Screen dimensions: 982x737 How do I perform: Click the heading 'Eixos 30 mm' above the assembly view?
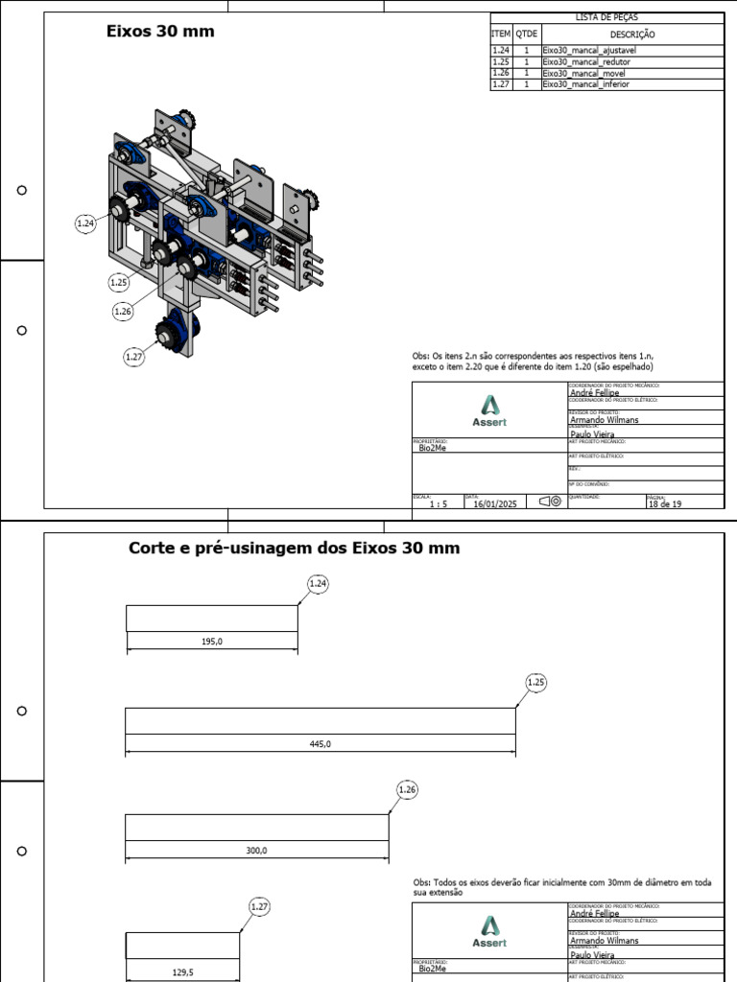click(x=159, y=32)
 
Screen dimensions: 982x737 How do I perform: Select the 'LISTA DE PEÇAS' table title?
click(x=606, y=17)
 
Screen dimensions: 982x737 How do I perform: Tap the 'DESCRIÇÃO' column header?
click(x=632, y=34)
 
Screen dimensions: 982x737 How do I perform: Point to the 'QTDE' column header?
click(x=527, y=34)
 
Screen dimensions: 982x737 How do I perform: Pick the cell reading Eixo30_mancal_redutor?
click(x=586, y=61)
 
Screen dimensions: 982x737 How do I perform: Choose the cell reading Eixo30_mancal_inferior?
click(x=586, y=84)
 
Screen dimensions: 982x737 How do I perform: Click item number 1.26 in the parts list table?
click(x=500, y=73)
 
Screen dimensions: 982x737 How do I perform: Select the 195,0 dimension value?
click(x=212, y=643)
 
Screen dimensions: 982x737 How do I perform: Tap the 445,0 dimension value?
click(x=321, y=744)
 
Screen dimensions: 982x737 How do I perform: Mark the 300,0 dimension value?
click(x=257, y=851)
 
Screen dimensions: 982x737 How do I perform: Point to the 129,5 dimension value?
click(x=183, y=971)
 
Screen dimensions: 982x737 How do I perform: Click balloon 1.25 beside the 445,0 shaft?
click(x=536, y=682)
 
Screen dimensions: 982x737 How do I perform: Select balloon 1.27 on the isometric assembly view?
click(x=134, y=357)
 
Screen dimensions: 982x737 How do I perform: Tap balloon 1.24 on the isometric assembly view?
click(x=85, y=223)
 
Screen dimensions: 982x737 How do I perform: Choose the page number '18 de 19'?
click(x=665, y=503)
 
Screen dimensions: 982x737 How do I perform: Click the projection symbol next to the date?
click(x=550, y=502)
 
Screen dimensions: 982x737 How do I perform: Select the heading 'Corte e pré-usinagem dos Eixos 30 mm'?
click(x=294, y=549)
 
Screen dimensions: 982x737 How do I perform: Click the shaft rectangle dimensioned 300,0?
click(x=256, y=827)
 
